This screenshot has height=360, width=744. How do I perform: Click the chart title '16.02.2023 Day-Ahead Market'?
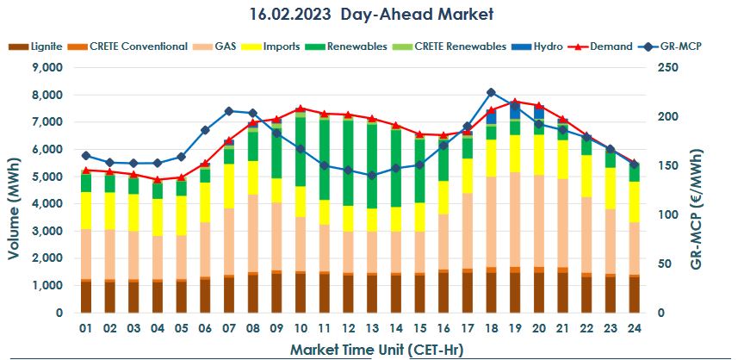coord(372,15)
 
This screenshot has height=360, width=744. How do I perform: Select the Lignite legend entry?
coord(34,46)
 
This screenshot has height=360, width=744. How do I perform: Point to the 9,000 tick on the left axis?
coord(46,68)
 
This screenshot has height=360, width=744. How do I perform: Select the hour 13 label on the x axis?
coord(371,329)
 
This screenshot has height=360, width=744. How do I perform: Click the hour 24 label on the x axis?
coord(633,329)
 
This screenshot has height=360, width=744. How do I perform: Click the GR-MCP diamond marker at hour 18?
coord(491,92)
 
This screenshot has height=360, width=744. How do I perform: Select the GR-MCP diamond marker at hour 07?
coord(229,111)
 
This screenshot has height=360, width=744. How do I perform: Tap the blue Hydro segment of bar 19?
coord(515,110)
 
